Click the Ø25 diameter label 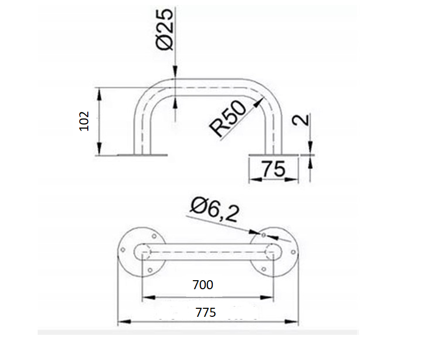click(165, 29)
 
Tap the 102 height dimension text click(84, 121)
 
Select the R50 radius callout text click(228, 118)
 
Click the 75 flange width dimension click(273, 169)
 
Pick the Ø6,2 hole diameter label click(215, 210)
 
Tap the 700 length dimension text click(203, 285)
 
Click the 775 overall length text click(206, 312)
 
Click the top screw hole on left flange click(154, 236)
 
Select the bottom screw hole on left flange click(150, 270)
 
